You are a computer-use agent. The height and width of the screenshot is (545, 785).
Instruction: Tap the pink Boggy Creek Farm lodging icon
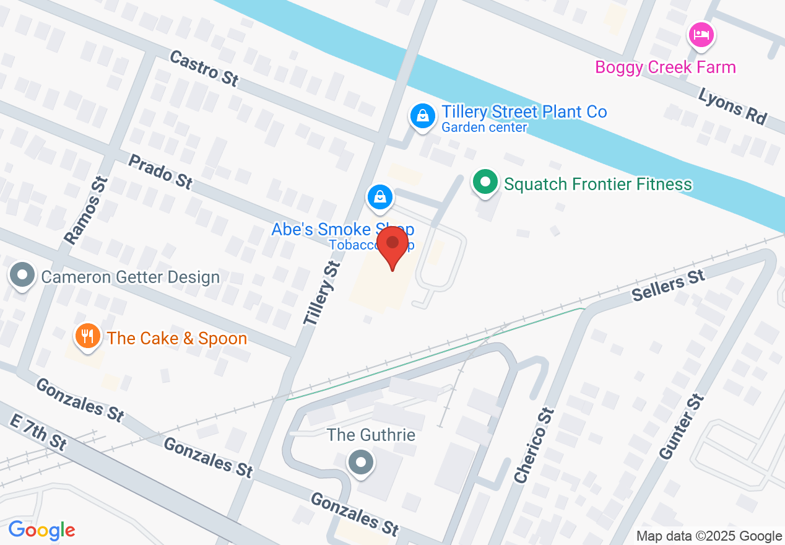(701, 35)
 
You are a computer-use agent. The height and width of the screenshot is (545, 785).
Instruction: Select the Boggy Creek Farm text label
(666, 67)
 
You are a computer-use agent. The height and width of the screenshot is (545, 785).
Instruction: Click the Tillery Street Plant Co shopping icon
(422, 115)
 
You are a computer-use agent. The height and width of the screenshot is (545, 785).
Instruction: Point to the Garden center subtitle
(484, 128)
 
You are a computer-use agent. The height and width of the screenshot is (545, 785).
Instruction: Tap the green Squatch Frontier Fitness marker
(487, 183)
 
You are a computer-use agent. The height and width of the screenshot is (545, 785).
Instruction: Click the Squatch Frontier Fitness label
(597, 184)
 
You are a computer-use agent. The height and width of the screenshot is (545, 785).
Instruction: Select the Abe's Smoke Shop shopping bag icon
(380, 198)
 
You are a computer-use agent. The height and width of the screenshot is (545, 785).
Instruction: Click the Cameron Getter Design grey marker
(23, 275)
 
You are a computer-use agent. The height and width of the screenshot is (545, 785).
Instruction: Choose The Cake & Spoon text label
(177, 338)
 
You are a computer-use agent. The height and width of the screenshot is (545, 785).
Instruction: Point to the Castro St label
(204, 69)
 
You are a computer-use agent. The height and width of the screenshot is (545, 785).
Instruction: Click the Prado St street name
(160, 171)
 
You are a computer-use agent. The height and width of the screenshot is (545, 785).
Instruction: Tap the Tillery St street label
(323, 293)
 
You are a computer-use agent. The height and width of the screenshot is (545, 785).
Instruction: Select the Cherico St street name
(532, 445)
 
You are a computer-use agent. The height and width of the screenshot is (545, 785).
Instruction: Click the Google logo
(42, 531)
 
